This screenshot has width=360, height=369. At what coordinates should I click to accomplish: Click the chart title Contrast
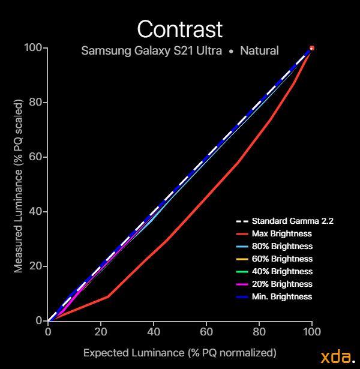[180, 28]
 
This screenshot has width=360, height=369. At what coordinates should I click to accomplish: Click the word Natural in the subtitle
[259, 50]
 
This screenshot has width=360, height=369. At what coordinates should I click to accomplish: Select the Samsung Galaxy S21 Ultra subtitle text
[155, 50]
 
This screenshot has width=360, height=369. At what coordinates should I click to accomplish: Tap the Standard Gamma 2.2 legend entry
[293, 221]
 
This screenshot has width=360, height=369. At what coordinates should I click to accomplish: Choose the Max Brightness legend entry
[282, 233]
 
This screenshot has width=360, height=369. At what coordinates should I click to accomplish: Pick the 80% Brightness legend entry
[282, 246]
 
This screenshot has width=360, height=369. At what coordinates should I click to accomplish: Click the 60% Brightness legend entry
[282, 259]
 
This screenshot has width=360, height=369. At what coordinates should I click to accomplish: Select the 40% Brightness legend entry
[282, 271]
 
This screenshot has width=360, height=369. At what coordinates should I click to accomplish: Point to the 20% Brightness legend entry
[282, 284]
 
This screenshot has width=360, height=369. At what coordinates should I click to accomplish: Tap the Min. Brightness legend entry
[282, 296]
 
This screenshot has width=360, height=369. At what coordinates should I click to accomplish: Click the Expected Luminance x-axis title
[179, 352]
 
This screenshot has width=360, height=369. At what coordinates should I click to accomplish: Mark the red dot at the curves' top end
[311, 48]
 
